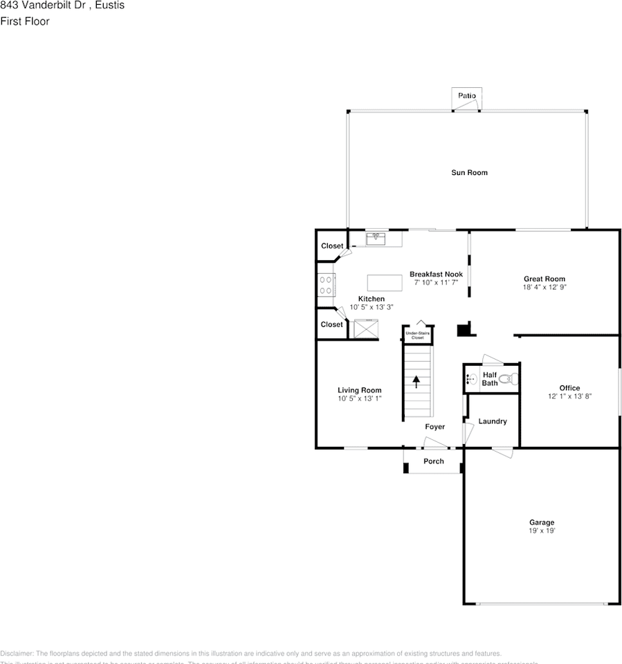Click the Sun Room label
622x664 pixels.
pyautogui.click(x=469, y=172)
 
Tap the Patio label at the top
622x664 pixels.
pyautogui.click(x=466, y=95)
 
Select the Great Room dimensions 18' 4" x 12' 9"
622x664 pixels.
pyautogui.click(x=545, y=286)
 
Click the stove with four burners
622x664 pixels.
pyautogui.click(x=326, y=285)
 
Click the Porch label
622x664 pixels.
pyautogui.click(x=433, y=461)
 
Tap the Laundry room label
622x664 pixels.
pyautogui.click(x=492, y=421)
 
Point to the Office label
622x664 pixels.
pyautogui.click(x=569, y=388)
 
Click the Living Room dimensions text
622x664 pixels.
pyautogui.click(x=359, y=398)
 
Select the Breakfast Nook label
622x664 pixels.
pyautogui.click(x=436, y=274)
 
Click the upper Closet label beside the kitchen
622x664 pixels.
pyautogui.click(x=331, y=246)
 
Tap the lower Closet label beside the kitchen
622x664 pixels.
pyautogui.click(x=331, y=324)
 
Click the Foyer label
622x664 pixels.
pyautogui.click(x=435, y=427)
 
